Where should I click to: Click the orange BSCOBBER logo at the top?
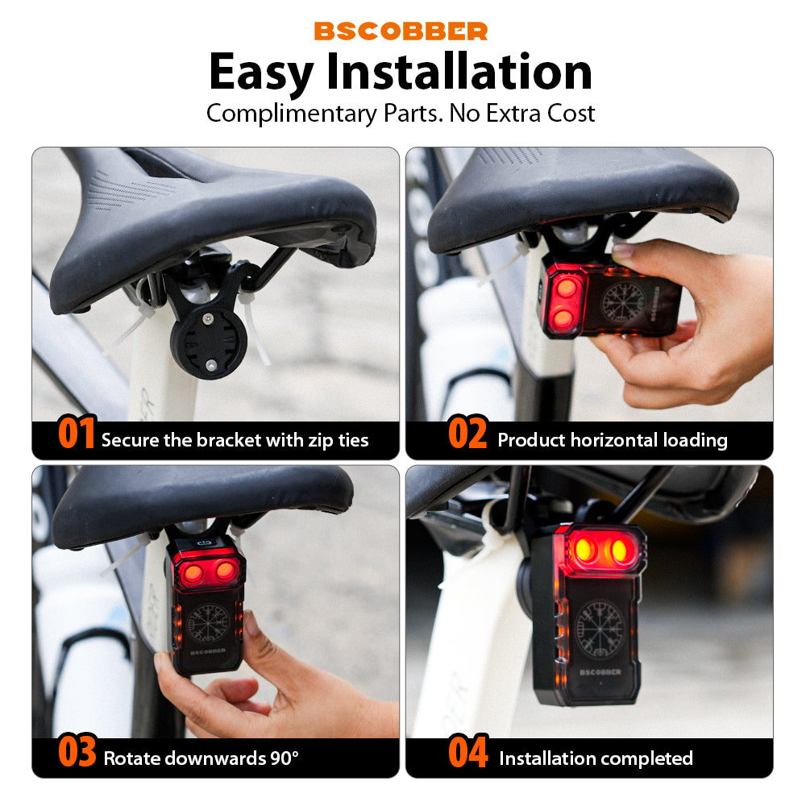[401, 31]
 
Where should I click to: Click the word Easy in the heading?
[261, 73]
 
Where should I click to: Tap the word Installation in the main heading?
[459, 73]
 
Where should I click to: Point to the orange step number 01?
[77, 434]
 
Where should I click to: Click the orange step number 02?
[467, 434]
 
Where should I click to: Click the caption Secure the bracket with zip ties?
[235, 440]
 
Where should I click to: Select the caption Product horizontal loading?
[612, 440]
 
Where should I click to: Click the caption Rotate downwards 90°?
[201, 758]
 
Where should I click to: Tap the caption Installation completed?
[596, 758]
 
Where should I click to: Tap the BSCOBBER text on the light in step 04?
[597, 671]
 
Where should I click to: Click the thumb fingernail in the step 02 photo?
[622, 251]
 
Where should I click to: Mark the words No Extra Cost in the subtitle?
[522, 113]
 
